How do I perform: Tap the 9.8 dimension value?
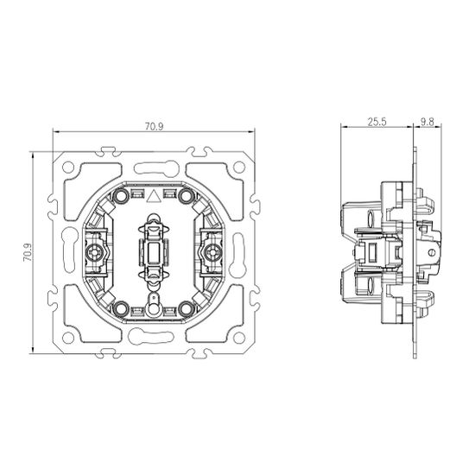point(426,123)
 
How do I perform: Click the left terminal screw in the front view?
point(94,252)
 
